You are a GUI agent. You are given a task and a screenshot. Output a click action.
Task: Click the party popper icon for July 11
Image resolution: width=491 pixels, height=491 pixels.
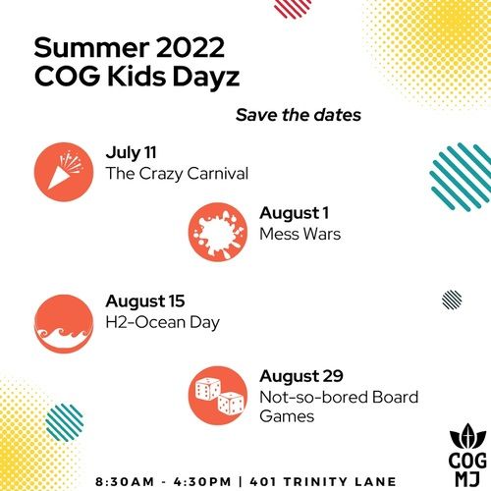tap(64, 172)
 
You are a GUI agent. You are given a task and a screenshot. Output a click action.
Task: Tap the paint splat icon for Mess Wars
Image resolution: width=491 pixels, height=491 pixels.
tap(218, 232)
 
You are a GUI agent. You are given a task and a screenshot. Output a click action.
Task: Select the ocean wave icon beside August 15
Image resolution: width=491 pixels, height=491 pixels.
tap(64, 324)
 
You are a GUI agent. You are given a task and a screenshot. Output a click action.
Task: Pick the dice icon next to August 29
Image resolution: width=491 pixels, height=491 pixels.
tap(218, 396)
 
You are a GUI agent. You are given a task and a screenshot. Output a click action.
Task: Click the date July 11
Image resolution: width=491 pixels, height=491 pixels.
tap(131, 153)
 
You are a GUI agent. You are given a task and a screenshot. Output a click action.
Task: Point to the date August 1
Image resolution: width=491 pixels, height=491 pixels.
tap(294, 213)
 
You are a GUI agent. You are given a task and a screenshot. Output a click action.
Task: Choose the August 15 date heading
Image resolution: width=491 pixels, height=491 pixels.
tap(145, 301)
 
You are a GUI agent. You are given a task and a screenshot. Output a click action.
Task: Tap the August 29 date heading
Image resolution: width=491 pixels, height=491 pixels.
tap(301, 376)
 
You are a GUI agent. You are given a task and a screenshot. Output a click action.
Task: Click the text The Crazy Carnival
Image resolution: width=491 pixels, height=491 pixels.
tap(177, 174)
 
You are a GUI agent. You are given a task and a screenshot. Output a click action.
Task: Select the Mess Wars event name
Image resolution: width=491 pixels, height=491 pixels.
tap(300, 234)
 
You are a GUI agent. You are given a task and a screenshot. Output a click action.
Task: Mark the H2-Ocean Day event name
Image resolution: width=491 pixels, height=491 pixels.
tap(162, 323)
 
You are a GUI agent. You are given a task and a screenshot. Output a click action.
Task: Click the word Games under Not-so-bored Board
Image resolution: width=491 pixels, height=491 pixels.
tap(287, 416)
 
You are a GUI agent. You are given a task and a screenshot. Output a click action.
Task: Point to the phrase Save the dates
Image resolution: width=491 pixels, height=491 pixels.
tap(299, 115)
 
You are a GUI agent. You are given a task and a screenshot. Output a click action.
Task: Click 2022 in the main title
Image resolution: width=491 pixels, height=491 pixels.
tap(190, 48)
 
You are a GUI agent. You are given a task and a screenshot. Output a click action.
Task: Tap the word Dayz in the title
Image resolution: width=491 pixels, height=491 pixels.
tap(206, 77)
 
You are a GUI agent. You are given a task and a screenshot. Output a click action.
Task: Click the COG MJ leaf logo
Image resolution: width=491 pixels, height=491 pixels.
tap(467, 455)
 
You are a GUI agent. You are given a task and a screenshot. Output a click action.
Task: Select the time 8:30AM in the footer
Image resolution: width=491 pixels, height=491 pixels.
tap(125, 482)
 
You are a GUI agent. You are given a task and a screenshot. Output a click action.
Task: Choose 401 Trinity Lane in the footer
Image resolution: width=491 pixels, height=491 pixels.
tap(323, 482)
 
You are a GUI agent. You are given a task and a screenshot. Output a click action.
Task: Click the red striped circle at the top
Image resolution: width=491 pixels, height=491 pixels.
tap(293, 8)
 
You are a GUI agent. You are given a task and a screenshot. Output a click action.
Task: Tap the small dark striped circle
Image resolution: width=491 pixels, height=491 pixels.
tap(452, 300)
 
